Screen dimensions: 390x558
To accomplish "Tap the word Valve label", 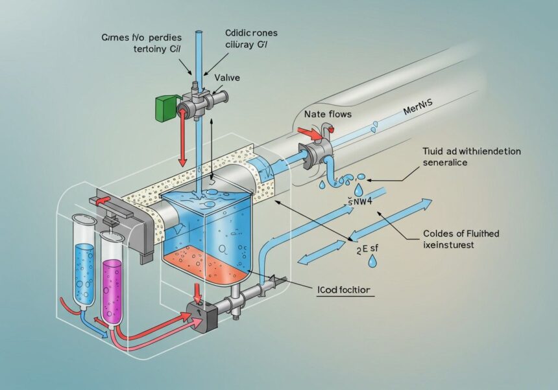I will point(223,76).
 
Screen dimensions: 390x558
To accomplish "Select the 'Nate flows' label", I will point(328,114).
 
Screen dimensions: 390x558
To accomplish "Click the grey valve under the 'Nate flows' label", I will point(316,153).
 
